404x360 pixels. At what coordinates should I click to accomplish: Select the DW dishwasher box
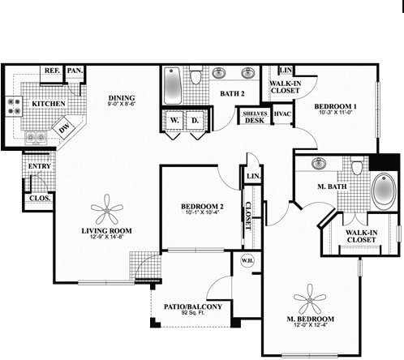[x=63, y=126]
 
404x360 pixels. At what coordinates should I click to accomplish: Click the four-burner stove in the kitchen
[x=14, y=105]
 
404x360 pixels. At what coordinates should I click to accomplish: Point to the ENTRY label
[x=39, y=166]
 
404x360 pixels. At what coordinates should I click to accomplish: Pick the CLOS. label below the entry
[x=38, y=197]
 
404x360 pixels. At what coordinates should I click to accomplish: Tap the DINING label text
[x=122, y=98]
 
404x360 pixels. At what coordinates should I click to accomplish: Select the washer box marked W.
[x=174, y=121]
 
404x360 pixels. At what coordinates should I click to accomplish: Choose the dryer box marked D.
[x=195, y=121]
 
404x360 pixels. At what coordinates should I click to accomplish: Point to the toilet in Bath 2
[x=196, y=79]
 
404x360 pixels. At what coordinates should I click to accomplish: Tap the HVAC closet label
[x=282, y=114]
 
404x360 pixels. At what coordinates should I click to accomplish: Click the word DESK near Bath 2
[x=254, y=120]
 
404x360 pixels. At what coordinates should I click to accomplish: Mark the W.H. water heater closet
[x=247, y=262]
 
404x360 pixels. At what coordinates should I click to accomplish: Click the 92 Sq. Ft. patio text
[x=191, y=312]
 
